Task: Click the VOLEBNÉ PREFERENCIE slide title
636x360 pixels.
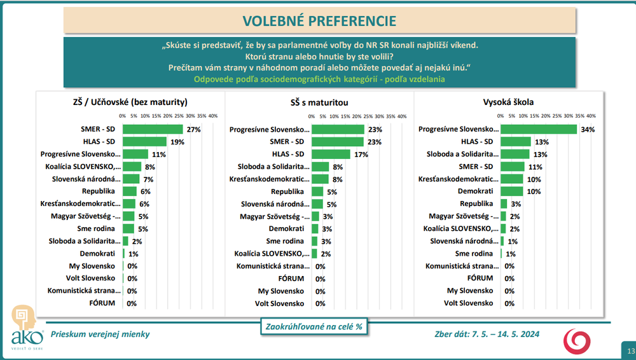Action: (x=320, y=20)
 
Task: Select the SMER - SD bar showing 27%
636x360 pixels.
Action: (x=153, y=129)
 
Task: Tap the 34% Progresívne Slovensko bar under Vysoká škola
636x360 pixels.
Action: (x=538, y=129)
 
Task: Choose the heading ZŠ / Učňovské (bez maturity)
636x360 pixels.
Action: (x=130, y=102)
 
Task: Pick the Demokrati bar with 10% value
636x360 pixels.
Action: (x=511, y=191)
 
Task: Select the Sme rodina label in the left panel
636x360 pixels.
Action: (x=97, y=228)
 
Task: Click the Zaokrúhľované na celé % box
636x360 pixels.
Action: (x=315, y=326)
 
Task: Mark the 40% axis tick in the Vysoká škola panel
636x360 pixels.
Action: (x=591, y=116)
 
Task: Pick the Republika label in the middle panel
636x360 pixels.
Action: (x=287, y=191)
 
